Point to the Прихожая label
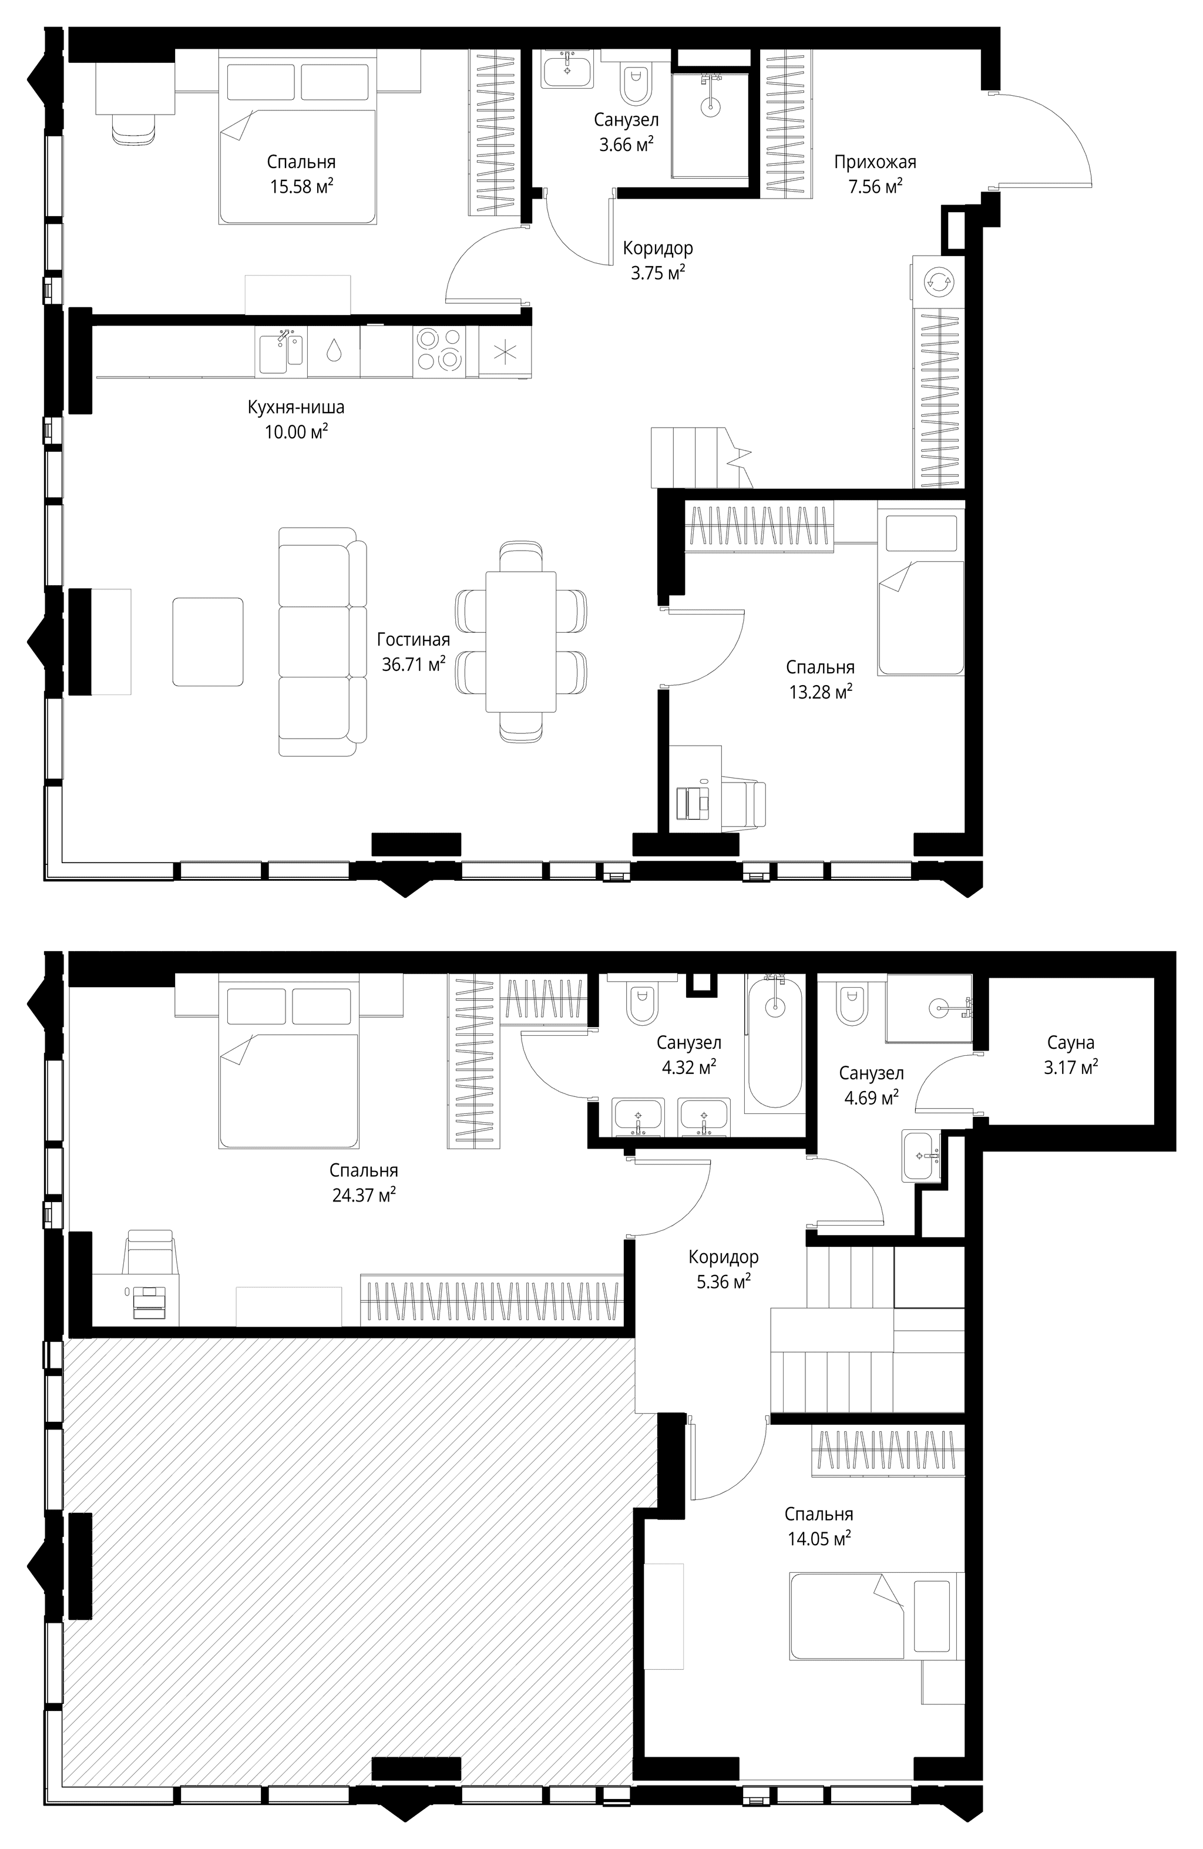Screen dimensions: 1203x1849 click(875, 162)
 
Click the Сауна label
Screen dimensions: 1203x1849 click(1070, 1042)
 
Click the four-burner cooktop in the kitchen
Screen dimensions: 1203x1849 click(439, 350)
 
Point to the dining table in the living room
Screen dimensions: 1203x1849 click(520, 641)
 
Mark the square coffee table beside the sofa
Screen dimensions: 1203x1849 click(207, 642)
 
